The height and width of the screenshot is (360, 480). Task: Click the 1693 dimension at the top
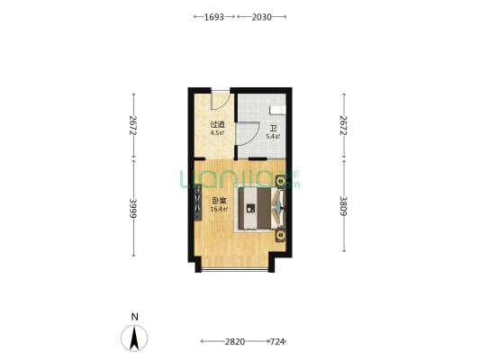tap(214, 17)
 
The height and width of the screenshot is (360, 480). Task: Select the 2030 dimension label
tap(261, 17)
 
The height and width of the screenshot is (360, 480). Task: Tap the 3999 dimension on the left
tap(133, 208)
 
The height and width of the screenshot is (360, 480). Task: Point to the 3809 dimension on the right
tap(344, 206)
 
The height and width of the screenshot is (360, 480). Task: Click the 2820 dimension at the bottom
tap(235, 341)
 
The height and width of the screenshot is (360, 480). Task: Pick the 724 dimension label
tap(277, 341)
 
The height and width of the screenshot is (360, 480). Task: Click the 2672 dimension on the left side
tap(133, 125)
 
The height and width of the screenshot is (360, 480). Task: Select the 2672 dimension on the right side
tap(344, 125)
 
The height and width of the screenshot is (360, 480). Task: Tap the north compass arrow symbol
tap(134, 338)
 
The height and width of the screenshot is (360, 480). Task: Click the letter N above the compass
tap(134, 317)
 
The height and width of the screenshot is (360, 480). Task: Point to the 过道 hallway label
tap(217, 125)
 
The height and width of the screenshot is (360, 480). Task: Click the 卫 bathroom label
tap(273, 129)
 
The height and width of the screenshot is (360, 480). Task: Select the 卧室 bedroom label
tap(219, 202)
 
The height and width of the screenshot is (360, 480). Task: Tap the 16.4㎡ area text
tap(219, 209)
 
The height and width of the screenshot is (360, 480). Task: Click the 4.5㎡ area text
tap(217, 132)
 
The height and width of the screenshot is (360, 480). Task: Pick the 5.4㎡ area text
tap(273, 137)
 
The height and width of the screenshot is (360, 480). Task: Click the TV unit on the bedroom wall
tap(198, 202)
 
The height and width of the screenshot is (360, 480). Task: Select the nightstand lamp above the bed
tap(280, 182)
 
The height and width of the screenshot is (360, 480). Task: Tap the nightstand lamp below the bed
tap(281, 236)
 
